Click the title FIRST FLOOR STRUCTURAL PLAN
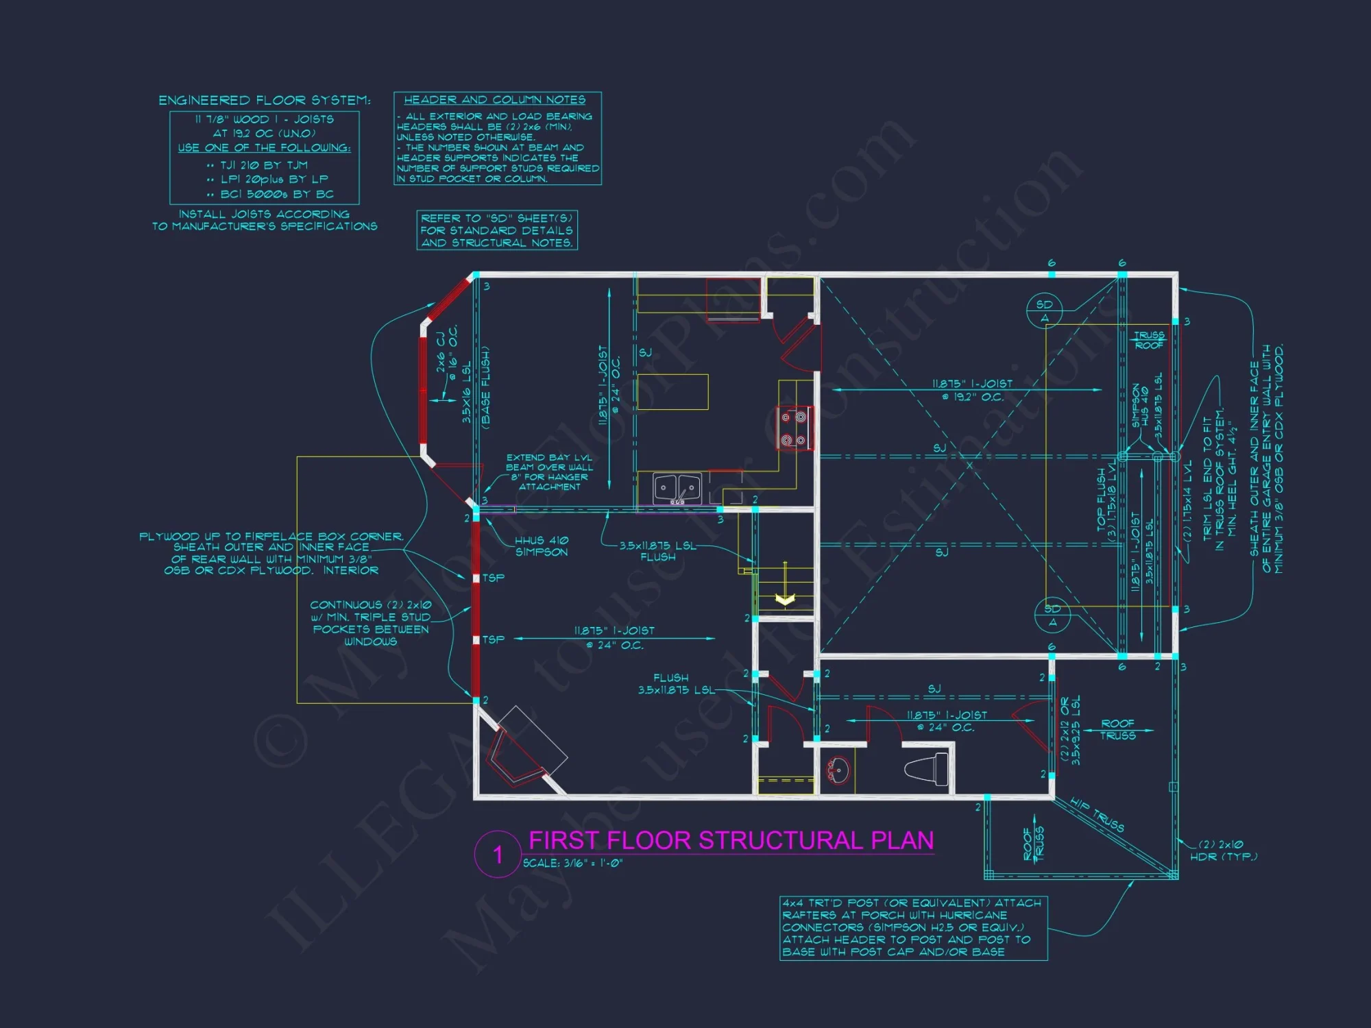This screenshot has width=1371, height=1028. coord(731,840)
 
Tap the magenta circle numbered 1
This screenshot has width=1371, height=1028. coord(498,854)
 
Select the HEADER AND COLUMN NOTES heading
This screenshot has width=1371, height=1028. coord(494,100)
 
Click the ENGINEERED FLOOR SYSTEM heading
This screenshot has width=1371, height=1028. coord(265,101)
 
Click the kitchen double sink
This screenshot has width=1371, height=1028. coord(677,489)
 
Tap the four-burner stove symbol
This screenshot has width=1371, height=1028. coord(794,428)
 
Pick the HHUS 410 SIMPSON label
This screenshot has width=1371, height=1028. coord(542,546)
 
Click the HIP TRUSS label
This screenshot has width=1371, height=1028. coord(1097,815)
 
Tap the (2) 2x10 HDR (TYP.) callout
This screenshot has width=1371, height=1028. coord(1224,850)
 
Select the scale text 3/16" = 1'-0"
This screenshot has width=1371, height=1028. coord(572,864)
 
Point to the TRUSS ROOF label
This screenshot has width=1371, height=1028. coord(1149,340)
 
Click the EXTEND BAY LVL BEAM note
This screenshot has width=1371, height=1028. coord(549,472)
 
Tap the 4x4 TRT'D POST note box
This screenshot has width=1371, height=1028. coord(913,928)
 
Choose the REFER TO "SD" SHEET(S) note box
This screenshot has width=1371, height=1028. coord(497,230)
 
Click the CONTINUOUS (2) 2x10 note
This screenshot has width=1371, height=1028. coord(371,623)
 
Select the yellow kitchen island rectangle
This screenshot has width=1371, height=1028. coord(673,392)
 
